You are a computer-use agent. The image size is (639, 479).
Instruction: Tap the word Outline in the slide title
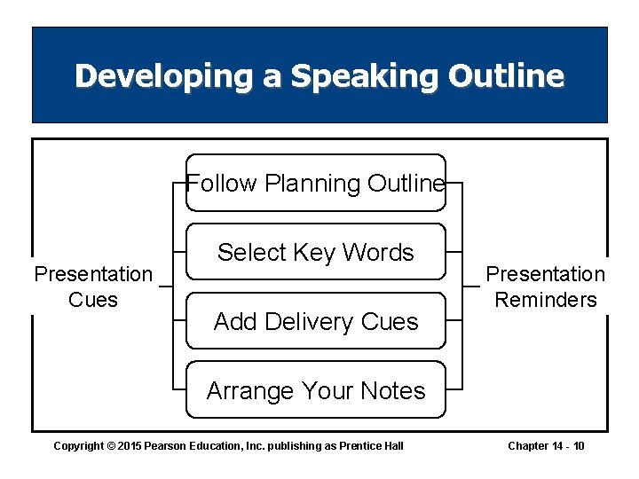(x=506, y=76)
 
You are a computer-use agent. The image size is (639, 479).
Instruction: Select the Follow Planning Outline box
(x=315, y=184)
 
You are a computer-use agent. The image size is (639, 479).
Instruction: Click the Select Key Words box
(x=315, y=253)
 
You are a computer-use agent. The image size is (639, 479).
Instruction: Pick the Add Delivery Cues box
(x=315, y=321)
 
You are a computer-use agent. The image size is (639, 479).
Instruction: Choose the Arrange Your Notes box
(x=315, y=390)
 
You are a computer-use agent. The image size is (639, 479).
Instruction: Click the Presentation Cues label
(x=93, y=287)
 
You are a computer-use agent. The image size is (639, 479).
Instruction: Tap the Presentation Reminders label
(x=546, y=287)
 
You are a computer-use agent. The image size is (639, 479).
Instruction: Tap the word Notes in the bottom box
(x=391, y=390)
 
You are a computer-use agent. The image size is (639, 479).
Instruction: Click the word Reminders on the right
(x=546, y=300)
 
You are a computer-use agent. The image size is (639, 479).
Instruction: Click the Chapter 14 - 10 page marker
(x=546, y=445)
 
